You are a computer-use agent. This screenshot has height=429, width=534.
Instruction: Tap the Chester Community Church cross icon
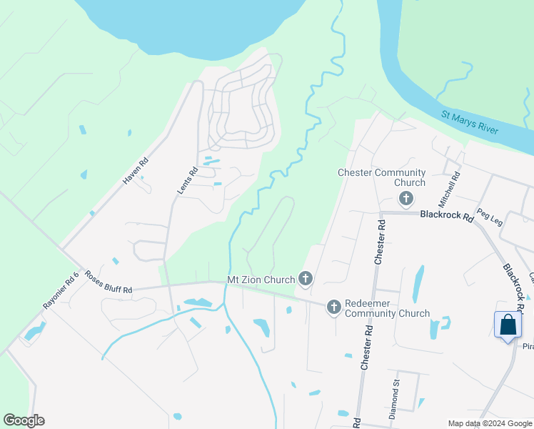tap(406, 198)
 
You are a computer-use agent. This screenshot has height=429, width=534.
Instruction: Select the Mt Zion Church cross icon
tap(306, 279)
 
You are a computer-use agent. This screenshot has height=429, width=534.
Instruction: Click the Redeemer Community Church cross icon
tap(333, 307)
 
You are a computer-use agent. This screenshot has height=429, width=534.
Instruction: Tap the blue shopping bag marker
tap(508, 325)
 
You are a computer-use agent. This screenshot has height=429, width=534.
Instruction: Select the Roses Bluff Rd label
tap(108, 282)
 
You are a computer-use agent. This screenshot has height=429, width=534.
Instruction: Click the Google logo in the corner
tap(24, 420)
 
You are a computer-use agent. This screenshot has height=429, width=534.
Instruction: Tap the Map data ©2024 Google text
tap(489, 423)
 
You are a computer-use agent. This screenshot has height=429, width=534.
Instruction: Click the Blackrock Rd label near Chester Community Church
tap(446, 214)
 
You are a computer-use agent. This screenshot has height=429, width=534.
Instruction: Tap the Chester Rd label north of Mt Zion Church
tap(381, 242)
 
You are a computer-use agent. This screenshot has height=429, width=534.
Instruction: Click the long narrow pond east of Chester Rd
tap(418, 284)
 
